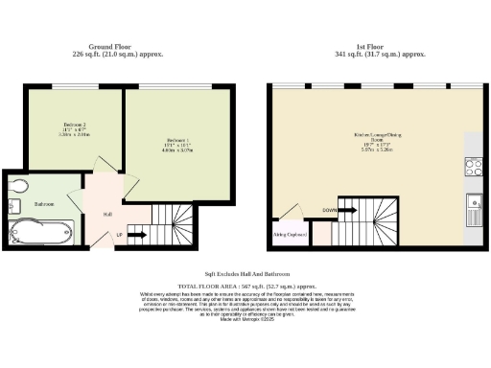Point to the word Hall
106,214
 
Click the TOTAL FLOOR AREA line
245,287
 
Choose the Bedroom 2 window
75,87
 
